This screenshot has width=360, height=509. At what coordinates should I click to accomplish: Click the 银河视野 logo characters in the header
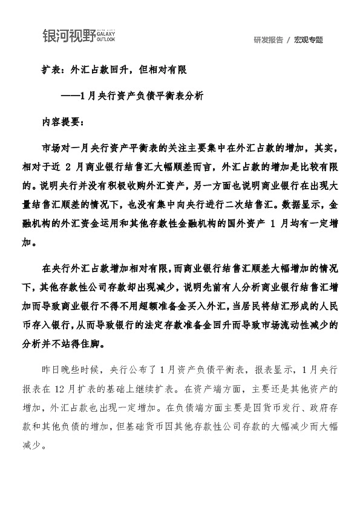(68, 36)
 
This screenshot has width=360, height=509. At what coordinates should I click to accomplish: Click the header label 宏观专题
(309, 40)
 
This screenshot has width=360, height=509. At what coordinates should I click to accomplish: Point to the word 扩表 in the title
(49, 70)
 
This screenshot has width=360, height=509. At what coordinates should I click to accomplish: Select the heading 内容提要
(59, 122)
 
